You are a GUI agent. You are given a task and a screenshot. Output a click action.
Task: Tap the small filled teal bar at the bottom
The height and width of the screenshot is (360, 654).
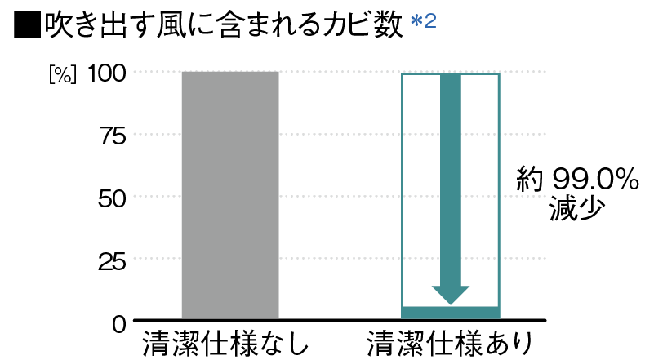pyautogui.click(x=450, y=312)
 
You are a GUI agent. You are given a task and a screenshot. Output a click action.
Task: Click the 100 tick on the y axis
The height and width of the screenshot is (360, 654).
pyautogui.click(x=107, y=73)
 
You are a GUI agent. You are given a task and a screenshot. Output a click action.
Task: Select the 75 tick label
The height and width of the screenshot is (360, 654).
pyautogui.click(x=111, y=136)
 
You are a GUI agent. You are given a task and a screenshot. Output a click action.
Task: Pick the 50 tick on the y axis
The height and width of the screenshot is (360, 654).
pyautogui.click(x=111, y=198)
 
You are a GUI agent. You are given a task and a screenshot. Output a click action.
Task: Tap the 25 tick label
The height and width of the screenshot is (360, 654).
pyautogui.click(x=111, y=260)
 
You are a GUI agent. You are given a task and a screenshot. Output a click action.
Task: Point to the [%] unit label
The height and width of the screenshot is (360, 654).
pyautogui.click(x=63, y=74)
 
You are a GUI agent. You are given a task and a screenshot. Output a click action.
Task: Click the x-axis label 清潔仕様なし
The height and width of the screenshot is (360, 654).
pyautogui.click(x=229, y=343)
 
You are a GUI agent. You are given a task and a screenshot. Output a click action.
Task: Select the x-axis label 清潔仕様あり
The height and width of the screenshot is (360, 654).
pyautogui.click(x=450, y=343)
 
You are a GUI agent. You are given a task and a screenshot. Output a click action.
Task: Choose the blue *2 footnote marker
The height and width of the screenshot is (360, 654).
pyautogui.click(x=424, y=22)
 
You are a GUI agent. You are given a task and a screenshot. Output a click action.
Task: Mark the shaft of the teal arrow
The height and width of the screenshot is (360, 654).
pyautogui.click(x=450, y=180)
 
